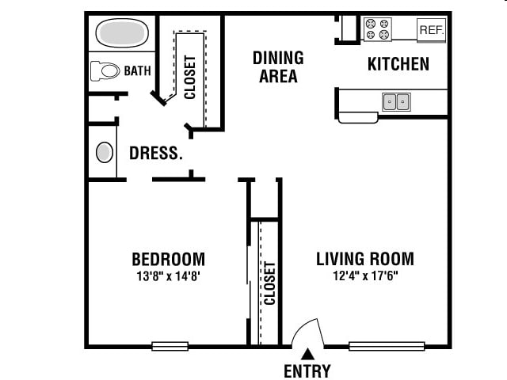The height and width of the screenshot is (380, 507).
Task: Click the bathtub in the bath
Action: (122, 32)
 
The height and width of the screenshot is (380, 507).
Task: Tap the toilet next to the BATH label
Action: (105, 70)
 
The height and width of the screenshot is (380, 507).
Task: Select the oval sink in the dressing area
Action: (105, 152)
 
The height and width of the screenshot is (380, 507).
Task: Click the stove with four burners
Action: (378, 28)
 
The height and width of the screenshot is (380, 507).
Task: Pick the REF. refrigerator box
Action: (431, 30)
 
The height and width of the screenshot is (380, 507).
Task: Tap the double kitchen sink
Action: (396, 102)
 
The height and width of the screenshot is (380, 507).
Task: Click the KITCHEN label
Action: (398, 63)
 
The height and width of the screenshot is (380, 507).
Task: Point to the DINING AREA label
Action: (278, 66)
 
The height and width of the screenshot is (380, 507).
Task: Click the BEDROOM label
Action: (169, 259)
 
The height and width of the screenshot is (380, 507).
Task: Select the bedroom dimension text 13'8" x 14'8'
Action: (169, 276)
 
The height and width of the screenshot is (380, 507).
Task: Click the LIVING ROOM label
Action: (365, 259)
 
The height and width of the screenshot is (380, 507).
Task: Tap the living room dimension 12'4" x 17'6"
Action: (365, 276)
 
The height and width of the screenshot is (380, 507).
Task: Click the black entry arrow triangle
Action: (307, 354)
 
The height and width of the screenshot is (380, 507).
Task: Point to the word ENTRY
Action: (307, 370)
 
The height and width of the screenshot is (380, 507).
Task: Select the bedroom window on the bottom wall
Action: (170, 346)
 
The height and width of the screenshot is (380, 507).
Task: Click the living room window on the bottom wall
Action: (387, 346)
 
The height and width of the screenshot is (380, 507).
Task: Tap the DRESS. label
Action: (156, 153)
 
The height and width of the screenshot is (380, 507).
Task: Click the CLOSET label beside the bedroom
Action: (269, 283)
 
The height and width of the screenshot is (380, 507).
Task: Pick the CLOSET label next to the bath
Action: (190, 77)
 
